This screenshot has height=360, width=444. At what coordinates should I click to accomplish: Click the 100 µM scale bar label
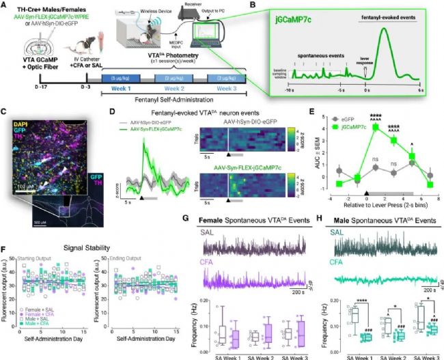click(x=22, y=165)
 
